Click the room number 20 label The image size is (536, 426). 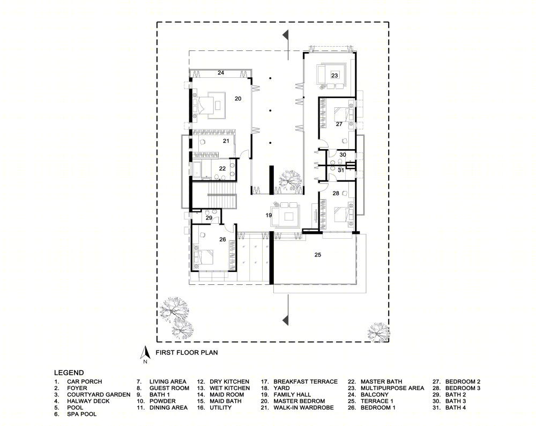click(238, 99)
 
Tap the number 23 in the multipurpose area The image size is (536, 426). click(334, 76)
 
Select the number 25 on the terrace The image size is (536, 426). click(317, 254)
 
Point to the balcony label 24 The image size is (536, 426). click(221, 72)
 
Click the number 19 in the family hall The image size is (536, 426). click(269, 215)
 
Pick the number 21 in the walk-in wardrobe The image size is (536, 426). click(226, 141)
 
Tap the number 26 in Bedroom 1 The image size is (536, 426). click(222, 239)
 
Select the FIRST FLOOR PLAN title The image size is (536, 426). click(187, 352)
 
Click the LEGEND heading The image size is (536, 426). click(69, 373)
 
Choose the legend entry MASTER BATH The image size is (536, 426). click(381, 381)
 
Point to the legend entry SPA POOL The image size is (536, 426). click(81, 414)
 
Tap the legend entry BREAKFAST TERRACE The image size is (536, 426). click(306, 381)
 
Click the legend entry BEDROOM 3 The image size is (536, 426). click(463, 388)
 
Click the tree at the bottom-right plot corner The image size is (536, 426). click(378, 332)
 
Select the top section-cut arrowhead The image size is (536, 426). click(286, 34)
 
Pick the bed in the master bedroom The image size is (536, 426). click(204, 105)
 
